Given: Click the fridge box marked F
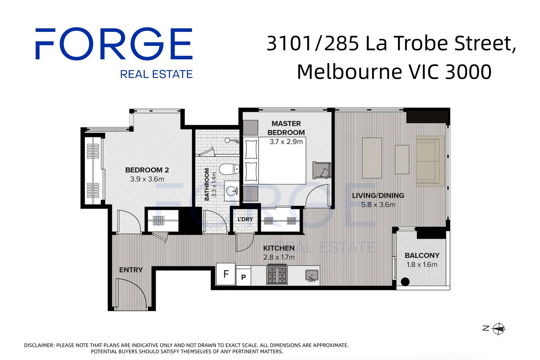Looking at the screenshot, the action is (x=226, y=274).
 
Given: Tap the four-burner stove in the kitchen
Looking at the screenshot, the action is (x=277, y=275).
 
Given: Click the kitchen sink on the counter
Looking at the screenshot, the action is (x=312, y=276).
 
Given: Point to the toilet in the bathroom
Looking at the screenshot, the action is (x=229, y=169).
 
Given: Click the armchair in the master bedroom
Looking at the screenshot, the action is (x=321, y=170).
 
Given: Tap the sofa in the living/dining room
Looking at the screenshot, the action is (x=430, y=161).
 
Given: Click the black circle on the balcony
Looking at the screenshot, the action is (x=405, y=282).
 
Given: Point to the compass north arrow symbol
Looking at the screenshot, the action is (x=498, y=329).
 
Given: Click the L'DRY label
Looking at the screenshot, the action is (x=245, y=219).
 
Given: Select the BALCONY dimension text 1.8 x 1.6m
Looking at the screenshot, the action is (x=422, y=265).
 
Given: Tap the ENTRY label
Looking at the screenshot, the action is (x=131, y=270).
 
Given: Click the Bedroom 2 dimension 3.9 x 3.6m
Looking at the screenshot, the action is (x=147, y=179).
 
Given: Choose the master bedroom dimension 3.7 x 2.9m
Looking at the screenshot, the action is (x=286, y=142).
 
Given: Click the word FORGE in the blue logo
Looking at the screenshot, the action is (x=114, y=44).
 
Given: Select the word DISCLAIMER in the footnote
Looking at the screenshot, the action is (x=39, y=345).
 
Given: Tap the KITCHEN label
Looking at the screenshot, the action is (x=279, y=248).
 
